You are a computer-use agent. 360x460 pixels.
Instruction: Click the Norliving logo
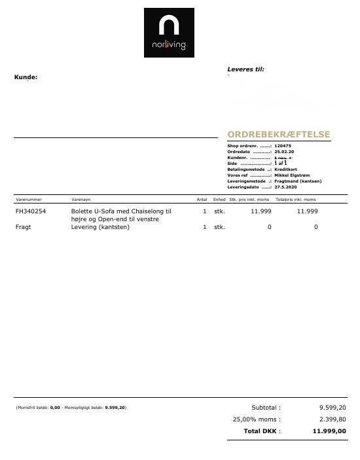[169, 33]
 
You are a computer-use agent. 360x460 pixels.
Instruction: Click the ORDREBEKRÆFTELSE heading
[278, 135]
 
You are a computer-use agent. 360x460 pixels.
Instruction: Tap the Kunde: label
[26, 77]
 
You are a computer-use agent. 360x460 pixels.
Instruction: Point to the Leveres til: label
[245, 69]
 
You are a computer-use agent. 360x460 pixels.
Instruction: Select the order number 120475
[283, 145]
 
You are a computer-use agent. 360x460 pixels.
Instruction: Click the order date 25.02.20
[285, 151]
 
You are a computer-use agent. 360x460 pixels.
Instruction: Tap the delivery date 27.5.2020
[287, 187]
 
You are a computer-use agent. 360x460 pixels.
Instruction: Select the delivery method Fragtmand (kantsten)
[298, 181]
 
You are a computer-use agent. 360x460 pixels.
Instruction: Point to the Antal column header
[202, 199]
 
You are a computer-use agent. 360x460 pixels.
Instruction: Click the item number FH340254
[31, 211]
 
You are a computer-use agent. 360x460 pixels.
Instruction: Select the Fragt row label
[23, 227]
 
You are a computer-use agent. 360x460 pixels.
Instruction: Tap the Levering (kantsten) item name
[100, 227]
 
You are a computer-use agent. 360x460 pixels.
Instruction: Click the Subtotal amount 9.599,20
[333, 408]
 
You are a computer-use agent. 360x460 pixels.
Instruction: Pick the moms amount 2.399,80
[333, 419]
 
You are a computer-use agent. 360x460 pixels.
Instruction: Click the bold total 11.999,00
[331, 431]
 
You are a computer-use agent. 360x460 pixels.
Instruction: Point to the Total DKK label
[262, 431]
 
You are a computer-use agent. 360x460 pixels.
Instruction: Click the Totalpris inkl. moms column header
[295, 199]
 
